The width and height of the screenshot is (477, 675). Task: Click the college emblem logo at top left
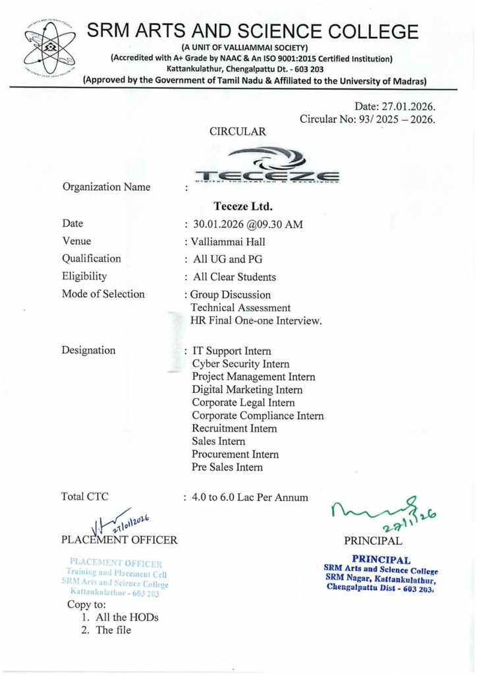coord(46,52)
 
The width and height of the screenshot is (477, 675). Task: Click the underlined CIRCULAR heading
coord(238,132)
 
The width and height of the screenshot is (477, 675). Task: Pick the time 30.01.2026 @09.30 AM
coord(247,224)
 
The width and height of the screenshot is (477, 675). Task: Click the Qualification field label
coord(92,259)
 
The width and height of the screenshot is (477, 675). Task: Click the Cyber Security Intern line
coord(240,364)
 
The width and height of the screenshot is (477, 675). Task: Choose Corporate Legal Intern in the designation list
coord(243,403)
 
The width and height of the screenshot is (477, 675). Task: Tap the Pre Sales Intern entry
coord(227,467)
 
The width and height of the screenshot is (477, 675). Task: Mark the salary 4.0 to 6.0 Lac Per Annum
coord(250,498)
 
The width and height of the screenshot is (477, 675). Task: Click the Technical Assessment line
coord(240,308)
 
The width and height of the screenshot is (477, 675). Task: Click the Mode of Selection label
coord(103,294)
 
